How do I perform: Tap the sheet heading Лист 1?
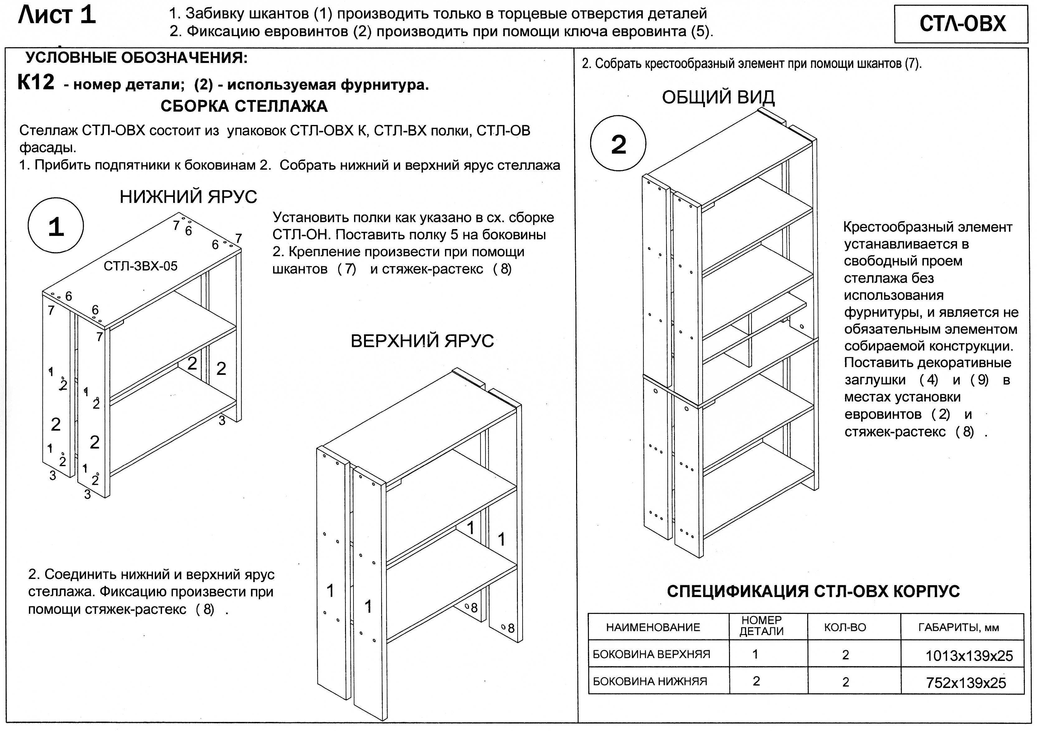(x=57, y=15)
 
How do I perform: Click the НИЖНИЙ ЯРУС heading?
(x=188, y=197)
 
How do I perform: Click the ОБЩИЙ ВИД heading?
(x=718, y=97)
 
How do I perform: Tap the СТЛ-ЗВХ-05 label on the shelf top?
(x=140, y=266)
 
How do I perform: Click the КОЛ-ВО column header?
(x=845, y=627)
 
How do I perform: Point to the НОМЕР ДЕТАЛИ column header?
(x=761, y=626)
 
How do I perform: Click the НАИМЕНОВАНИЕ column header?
(x=653, y=627)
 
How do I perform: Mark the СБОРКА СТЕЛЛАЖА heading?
(x=244, y=107)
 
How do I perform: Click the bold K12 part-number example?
(x=36, y=83)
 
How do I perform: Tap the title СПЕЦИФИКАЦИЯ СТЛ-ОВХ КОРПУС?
(x=813, y=591)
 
